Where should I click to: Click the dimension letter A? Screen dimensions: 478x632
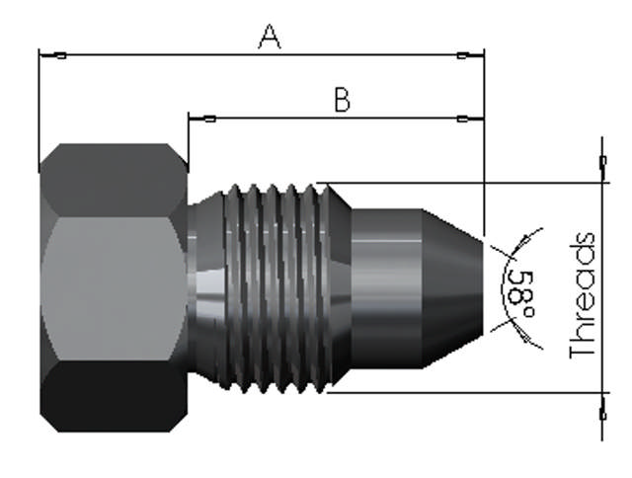[x=270, y=37]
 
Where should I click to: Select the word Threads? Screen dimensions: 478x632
[x=584, y=295]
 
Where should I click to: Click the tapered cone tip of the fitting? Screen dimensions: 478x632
[x=455, y=286]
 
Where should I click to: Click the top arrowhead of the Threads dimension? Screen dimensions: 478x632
[x=602, y=168]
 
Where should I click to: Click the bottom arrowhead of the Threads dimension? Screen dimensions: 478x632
[x=602, y=407]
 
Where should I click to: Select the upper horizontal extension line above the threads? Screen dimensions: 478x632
[x=464, y=183]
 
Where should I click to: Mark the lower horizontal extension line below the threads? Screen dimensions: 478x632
[x=464, y=392]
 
